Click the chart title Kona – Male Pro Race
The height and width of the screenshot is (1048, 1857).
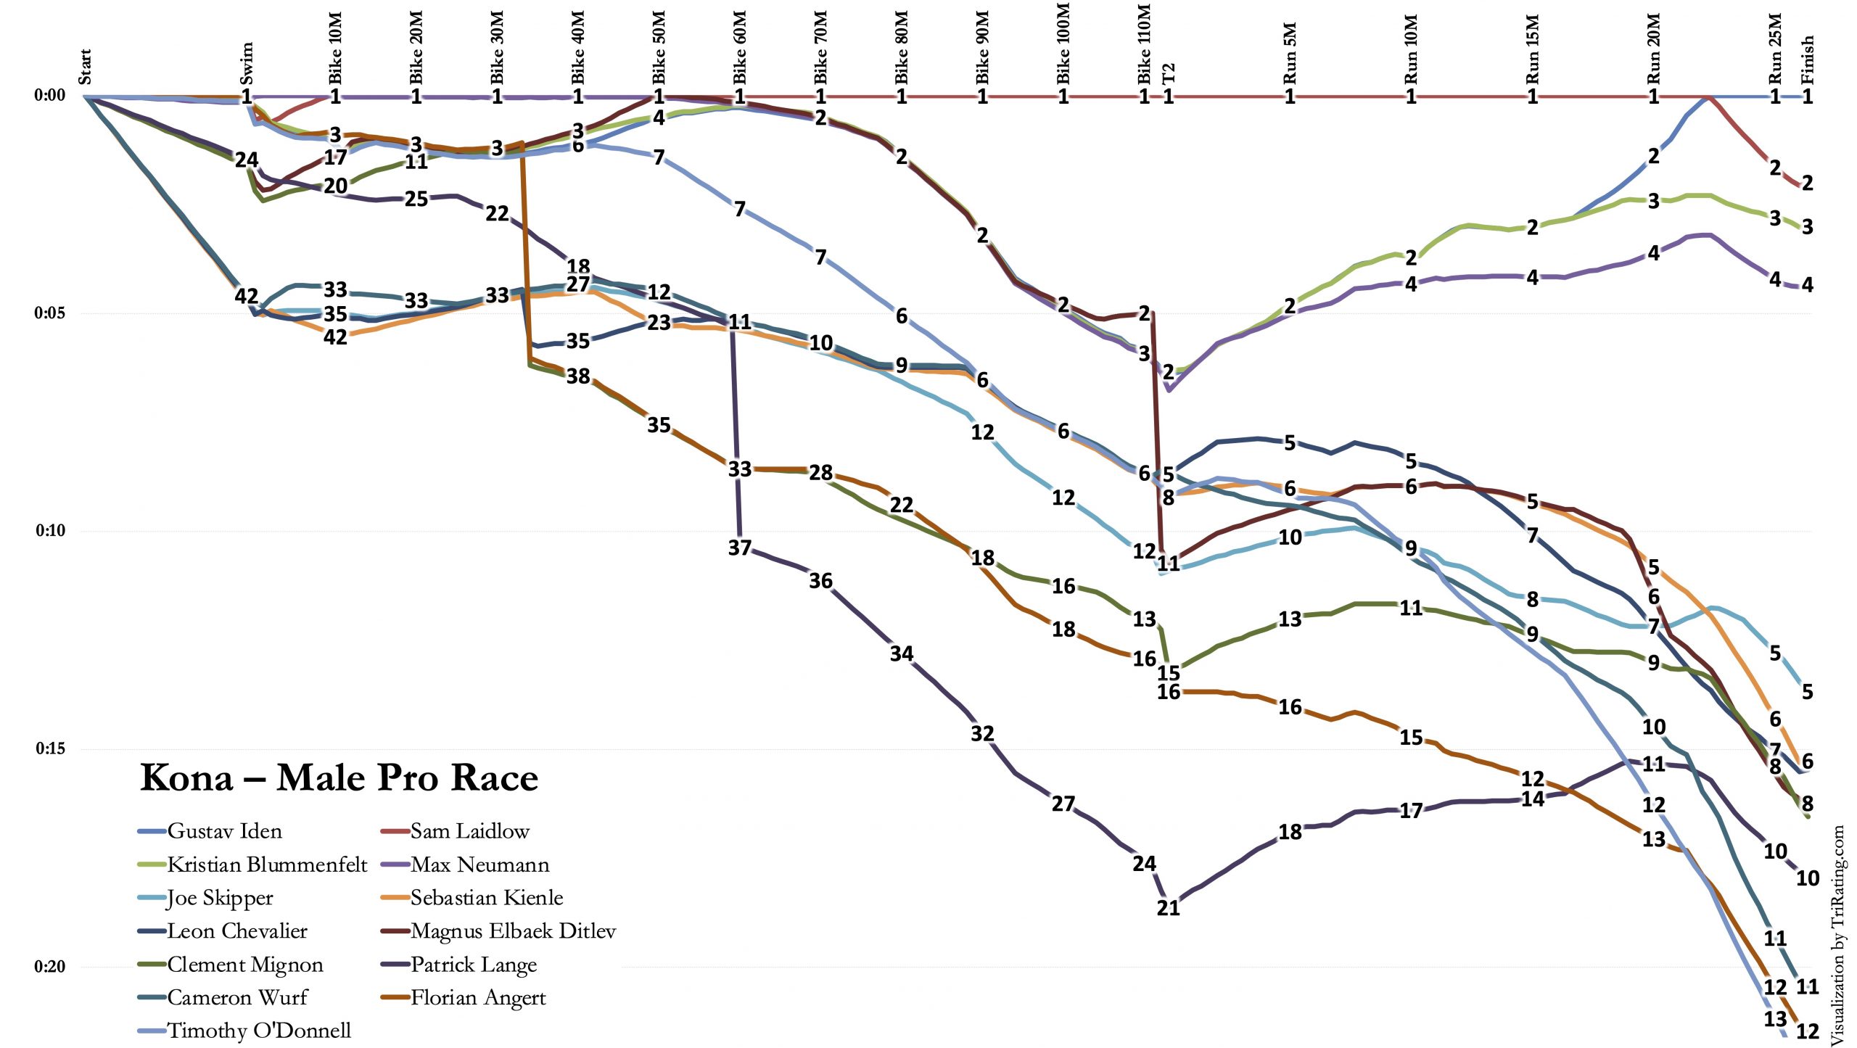pyautogui.click(x=339, y=777)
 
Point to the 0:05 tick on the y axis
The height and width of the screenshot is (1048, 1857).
pyautogui.click(x=49, y=313)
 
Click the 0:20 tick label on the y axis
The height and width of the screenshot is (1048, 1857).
pyautogui.click(x=49, y=967)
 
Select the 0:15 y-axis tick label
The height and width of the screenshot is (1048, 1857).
pyautogui.click(x=49, y=748)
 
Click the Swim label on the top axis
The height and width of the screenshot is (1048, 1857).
pyautogui.click(x=247, y=63)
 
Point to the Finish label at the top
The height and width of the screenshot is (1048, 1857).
pyautogui.click(x=1807, y=59)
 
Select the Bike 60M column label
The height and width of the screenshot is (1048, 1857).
pyautogui.click(x=740, y=47)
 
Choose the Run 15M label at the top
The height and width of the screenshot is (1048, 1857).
pyautogui.click(x=1532, y=49)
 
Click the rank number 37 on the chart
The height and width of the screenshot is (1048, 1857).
pyautogui.click(x=739, y=548)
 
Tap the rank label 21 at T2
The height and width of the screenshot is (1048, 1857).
pyautogui.click(x=1168, y=908)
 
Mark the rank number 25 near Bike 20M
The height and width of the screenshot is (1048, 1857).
pyautogui.click(x=416, y=199)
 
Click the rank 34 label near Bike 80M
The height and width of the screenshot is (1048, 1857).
pyautogui.click(x=901, y=653)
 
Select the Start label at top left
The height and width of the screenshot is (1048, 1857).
pyautogui.click(x=86, y=67)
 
